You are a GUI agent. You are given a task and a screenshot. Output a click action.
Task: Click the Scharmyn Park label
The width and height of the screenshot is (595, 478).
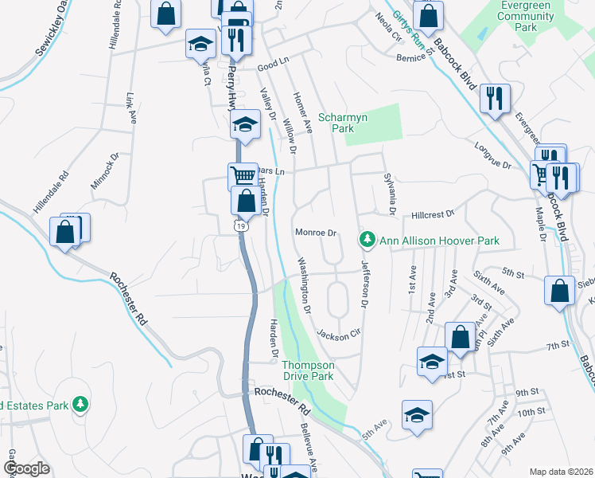pos(343,123)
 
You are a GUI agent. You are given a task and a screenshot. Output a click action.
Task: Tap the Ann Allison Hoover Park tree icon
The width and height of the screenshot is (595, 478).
pos(367,239)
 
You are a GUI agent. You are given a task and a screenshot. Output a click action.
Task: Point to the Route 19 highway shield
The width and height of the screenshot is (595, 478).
pos(239,227)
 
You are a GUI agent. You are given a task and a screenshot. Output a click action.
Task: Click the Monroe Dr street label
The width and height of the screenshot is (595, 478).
pos(317,233)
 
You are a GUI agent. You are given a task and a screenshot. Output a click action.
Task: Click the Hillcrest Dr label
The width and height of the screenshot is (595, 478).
pos(433,214)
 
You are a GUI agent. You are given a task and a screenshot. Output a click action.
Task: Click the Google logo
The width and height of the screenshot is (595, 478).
pos(27,468)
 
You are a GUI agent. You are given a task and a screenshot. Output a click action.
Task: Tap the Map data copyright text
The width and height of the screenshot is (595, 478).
pos(561,471)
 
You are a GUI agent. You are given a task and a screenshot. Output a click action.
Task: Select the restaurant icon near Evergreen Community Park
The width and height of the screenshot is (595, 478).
pos(496,98)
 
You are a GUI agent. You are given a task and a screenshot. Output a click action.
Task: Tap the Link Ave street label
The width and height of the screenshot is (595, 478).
pos(130,110)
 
